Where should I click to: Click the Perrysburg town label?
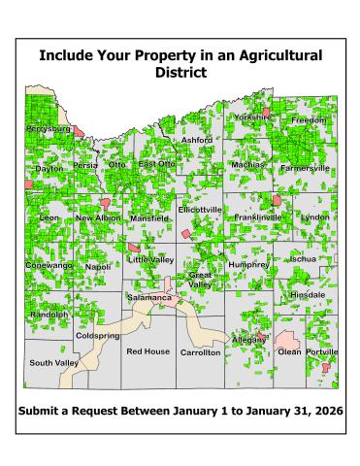[48, 128]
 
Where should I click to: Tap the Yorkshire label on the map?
[252, 116]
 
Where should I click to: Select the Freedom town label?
[310, 119]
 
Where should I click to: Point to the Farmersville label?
[305, 167]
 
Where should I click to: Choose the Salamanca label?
[149, 297]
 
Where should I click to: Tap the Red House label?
[147, 350]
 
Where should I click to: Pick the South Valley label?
[53, 362]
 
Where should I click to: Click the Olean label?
[289, 351]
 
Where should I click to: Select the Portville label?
[322, 351]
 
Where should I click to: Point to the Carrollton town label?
[201, 352]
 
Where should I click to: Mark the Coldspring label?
[97, 335]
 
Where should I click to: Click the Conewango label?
[49, 265]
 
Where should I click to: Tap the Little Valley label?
[150, 260]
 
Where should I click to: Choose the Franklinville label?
[258, 217]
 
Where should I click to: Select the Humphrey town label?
[247, 264]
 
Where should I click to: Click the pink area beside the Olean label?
[287, 339]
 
